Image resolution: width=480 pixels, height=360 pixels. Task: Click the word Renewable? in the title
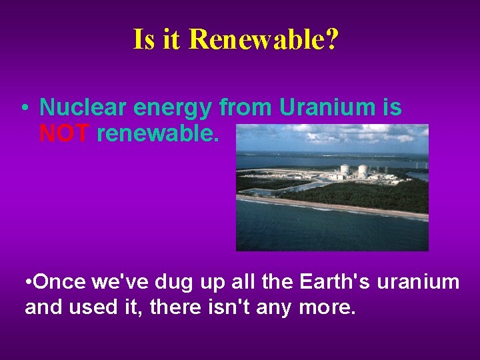[x=263, y=40]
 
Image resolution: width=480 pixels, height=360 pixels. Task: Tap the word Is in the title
[x=144, y=40]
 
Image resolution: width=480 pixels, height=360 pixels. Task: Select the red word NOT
[x=64, y=134]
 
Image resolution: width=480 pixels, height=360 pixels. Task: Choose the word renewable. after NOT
[x=157, y=134]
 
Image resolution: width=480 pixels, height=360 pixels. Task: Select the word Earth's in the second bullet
[x=336, y=282]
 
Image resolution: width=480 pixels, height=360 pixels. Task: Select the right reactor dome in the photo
[x=362, y=171]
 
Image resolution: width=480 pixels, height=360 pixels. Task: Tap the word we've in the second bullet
[x=117, y=282]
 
